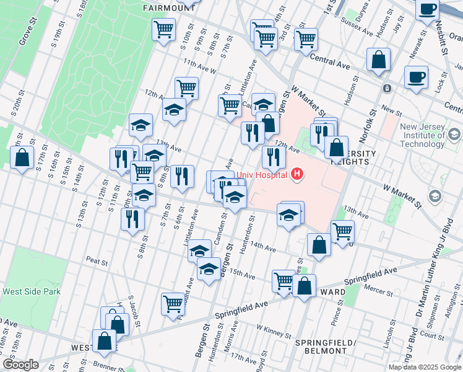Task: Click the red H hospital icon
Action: coord(298,174)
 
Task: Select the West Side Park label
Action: coord(31,291)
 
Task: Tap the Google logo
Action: coord(20,365)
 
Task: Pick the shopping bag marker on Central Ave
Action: coord(378,60)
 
